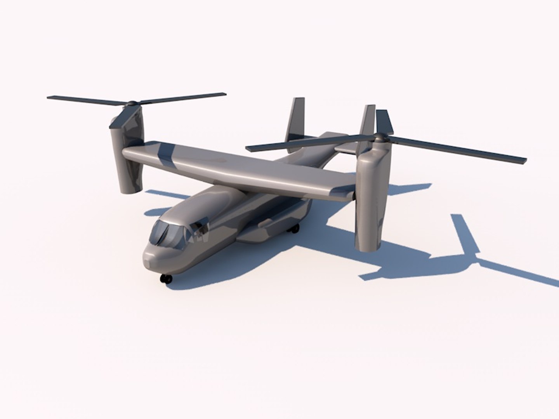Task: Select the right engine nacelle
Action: [371, 202]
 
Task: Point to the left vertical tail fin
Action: [297, 120]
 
